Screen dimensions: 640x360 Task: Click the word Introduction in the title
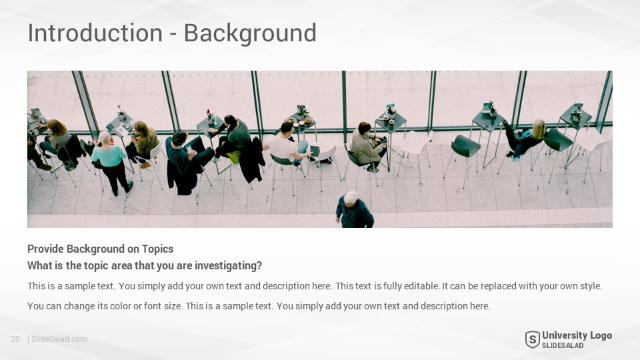click(95, 33)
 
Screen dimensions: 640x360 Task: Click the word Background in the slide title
click(250, 34)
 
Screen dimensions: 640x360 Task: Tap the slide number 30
click(15, 339)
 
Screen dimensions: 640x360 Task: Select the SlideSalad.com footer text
click(59, 339)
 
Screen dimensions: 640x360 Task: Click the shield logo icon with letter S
click(532, 339)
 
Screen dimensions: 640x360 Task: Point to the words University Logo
click(577, 335)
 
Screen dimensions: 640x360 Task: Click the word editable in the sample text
click(421, 286)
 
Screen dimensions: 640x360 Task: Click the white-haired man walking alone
click(354, 210)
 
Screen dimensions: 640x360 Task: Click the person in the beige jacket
click(367, 146)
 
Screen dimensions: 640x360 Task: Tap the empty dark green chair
click(465, 146)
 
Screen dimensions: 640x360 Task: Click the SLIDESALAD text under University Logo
click(563, 345)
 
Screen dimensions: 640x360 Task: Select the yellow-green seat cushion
click(233, 157)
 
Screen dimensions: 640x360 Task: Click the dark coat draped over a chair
click(252, 161)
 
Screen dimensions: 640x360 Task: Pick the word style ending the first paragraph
click(591, 286)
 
